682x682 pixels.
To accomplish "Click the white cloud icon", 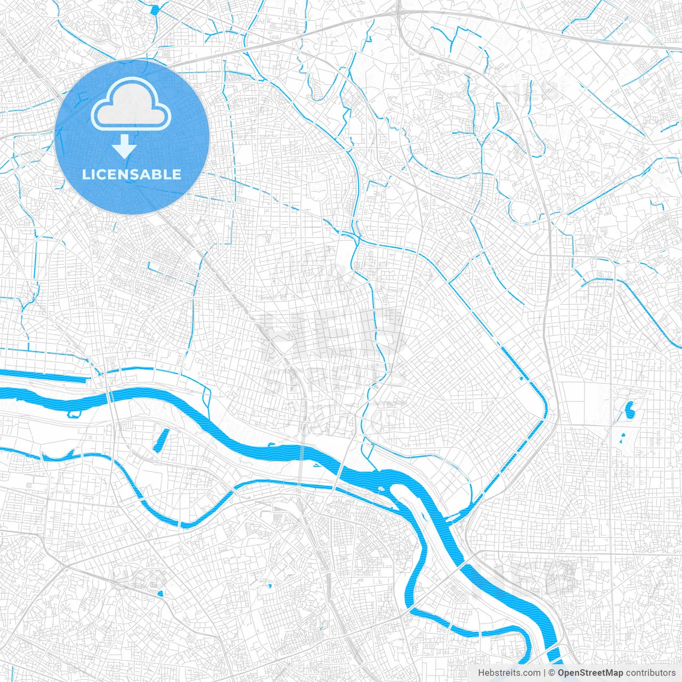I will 131,105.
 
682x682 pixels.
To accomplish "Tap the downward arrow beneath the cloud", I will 125,146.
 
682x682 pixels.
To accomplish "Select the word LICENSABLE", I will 132,174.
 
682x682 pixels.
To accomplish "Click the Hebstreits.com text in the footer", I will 509,673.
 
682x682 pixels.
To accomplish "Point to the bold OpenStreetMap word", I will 590,673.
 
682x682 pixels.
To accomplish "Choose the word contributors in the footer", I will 651,673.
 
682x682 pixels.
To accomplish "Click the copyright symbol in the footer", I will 552,673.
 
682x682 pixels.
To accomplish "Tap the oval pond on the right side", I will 630,410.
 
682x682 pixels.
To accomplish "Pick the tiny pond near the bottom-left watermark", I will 161,594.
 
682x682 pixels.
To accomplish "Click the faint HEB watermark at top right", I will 530,92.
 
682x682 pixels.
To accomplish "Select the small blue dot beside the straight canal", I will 521,379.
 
